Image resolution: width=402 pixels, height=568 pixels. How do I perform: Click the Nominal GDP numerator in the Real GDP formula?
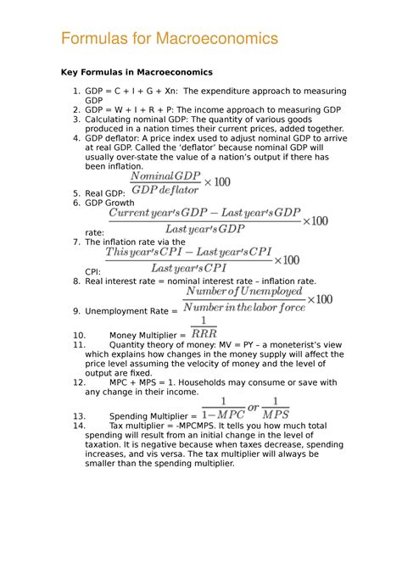165,175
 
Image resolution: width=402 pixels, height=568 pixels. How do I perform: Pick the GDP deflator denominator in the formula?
165,191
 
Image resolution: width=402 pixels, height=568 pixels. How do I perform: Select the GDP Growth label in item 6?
110,204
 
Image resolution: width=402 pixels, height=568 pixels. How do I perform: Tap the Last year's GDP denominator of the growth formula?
204,228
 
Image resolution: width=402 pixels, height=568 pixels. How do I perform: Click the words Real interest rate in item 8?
126,281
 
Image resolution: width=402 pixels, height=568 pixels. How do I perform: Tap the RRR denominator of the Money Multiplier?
204,334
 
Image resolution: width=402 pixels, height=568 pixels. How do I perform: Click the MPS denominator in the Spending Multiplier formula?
276,415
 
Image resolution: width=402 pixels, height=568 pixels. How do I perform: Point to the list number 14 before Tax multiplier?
79,426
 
